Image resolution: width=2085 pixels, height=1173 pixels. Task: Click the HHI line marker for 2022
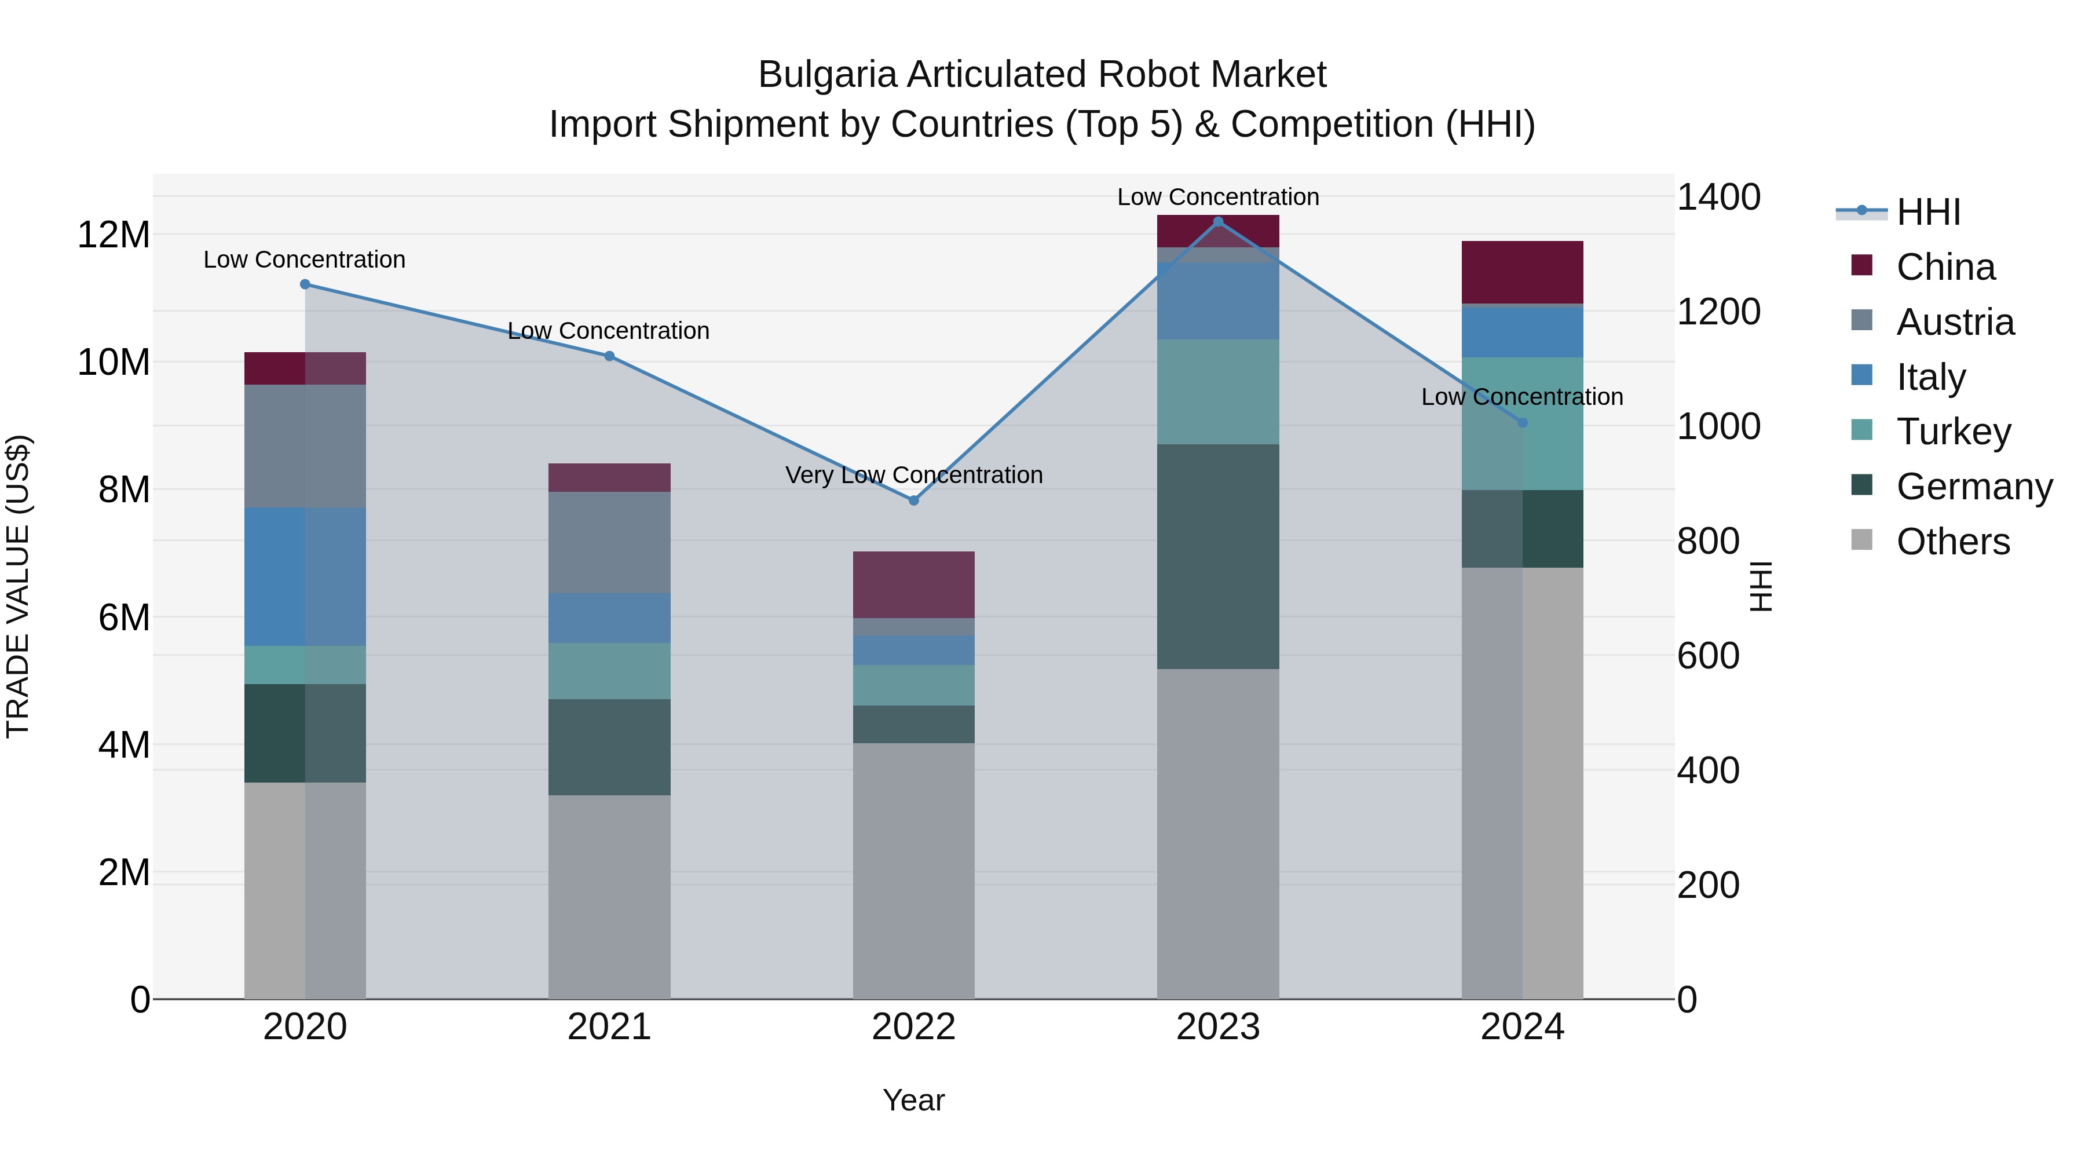pos(914,500)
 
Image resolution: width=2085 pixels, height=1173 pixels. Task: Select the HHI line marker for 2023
pos(1218,222)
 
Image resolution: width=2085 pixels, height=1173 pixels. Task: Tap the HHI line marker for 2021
pos(609,356)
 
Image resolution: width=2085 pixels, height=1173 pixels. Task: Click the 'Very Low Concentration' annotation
pos(914,475)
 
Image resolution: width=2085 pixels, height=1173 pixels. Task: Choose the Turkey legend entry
pos(1953,432)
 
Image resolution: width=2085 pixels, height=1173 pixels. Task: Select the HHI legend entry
pos(1928,212)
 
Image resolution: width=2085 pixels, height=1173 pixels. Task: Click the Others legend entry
pos(1952,542)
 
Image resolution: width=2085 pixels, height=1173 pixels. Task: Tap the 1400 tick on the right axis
pos(1718,197)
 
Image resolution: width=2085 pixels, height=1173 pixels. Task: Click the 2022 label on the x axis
pos(914,1027)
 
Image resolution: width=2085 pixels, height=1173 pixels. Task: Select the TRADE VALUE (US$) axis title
pos(19,586)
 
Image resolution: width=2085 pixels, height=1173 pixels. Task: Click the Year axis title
pos(914,1100)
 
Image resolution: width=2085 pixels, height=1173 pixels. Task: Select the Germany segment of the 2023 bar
pos(1218,556)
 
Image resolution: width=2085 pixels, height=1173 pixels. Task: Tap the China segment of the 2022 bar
pos(914,584)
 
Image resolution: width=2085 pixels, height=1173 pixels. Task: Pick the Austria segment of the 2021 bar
pos(609,542)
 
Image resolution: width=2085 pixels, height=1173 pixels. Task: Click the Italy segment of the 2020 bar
pos(305,576)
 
